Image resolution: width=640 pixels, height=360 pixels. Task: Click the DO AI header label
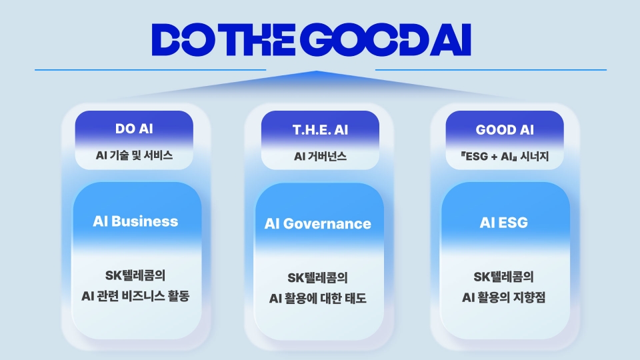coord(134,129)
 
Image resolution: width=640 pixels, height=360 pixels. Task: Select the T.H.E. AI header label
coord(320,129)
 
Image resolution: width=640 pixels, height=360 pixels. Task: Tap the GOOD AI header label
coord(505,129)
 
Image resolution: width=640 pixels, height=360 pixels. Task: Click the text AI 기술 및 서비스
coord(134,156)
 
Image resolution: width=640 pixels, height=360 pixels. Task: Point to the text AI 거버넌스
coord(320,157)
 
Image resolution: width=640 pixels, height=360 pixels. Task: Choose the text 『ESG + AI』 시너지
coord(505,157)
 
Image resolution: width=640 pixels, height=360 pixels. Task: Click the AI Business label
coord(135,221)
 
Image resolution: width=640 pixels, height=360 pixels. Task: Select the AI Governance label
coord(318,224)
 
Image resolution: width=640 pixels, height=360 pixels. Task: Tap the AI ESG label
coord(503,223)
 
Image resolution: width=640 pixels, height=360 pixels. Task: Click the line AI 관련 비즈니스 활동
coord(135,296)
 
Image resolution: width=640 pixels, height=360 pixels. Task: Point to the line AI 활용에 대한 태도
coord(318,298)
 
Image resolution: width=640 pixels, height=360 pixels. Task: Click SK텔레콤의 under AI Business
coord(135,276)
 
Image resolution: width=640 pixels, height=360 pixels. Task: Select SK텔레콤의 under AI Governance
coord(318,278)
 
